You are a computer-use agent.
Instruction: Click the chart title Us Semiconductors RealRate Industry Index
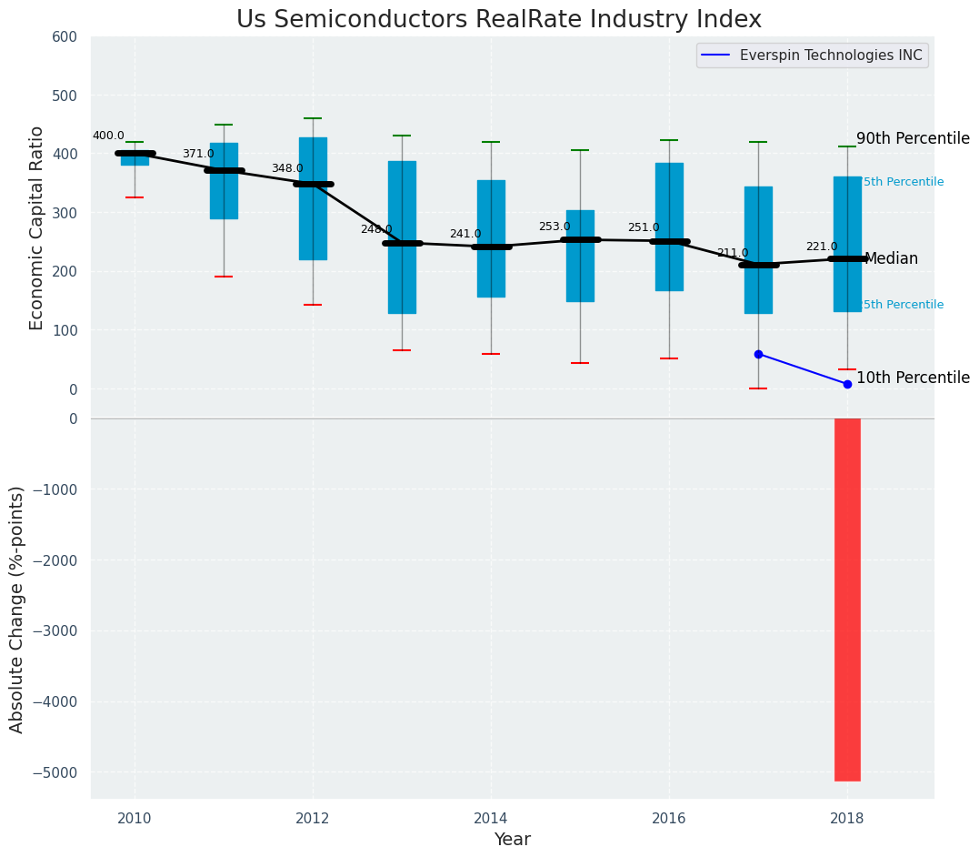click(499, 20)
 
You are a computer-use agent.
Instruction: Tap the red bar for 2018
click(847, 600)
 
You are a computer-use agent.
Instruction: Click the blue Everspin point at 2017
click(758, 354)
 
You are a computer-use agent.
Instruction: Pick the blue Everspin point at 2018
click(847, 384)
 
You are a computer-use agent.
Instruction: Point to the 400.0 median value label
click(108, 136)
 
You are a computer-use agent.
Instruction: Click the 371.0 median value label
click(198, 154)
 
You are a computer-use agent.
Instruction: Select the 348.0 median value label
click(287, 168)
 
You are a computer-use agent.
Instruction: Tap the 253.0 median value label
click(554, 227)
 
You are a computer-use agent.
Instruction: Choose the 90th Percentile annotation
click(913, 138)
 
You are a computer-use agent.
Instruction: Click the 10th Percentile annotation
click(913, 378)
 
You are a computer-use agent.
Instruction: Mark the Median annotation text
click(892, 259)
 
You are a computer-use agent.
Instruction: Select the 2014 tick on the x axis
click(491, 816)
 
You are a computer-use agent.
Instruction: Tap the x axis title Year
click(513, 840)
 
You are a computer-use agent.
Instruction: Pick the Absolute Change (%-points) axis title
click(17, 609)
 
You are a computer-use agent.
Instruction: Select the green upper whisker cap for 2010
click(135, 142)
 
